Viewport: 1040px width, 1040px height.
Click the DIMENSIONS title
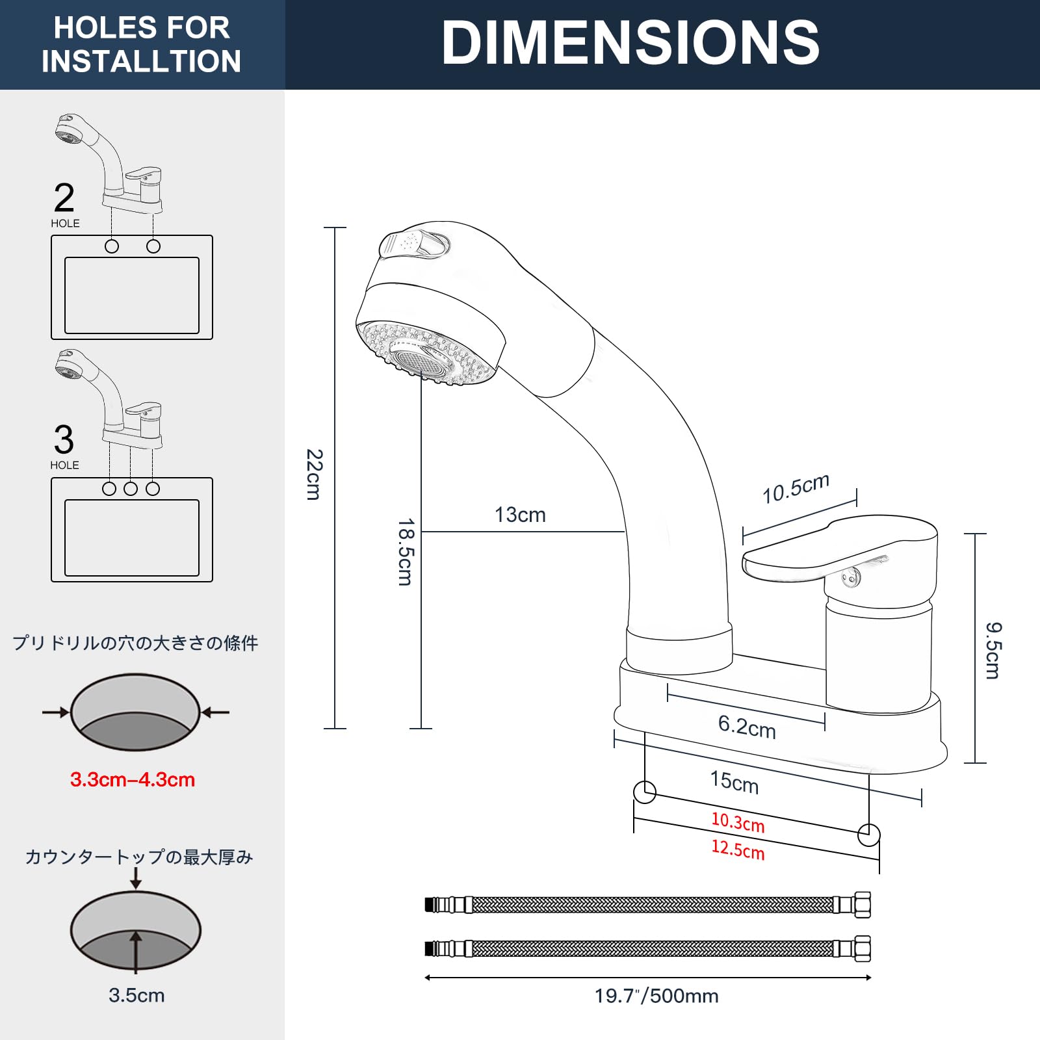click(x=630, y=43)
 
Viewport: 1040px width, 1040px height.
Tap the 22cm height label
click(x=314, y=474)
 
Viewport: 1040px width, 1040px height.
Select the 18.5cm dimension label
click(x=406, y=552)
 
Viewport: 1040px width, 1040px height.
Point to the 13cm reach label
click(x=520, y=515)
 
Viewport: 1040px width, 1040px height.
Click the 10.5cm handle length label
click(x=796, y=488)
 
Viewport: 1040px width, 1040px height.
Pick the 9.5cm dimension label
click(x=993, y=650)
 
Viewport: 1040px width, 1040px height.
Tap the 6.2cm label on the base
click(x=747, y=726)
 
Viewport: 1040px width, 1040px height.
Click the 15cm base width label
click(x=734, y=781)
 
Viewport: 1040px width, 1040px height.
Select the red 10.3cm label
click(x=738, y=822)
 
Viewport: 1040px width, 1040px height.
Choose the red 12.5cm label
click(x=738, y=849)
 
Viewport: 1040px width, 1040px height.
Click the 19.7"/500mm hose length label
click(x=656, y=996)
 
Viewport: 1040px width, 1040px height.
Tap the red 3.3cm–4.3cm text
click(x=133, y=779)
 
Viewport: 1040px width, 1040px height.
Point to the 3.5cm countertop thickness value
click(x=136, y=995)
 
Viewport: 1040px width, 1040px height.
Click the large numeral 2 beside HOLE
click(x=64, y=198)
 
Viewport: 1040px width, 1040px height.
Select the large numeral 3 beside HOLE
click(x=64, y=439)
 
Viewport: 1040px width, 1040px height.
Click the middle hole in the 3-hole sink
click(x=131, y=489)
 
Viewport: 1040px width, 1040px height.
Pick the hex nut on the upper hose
click(x=863, y=904)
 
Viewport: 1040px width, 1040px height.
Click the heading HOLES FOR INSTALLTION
click(x=141, y=44)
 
